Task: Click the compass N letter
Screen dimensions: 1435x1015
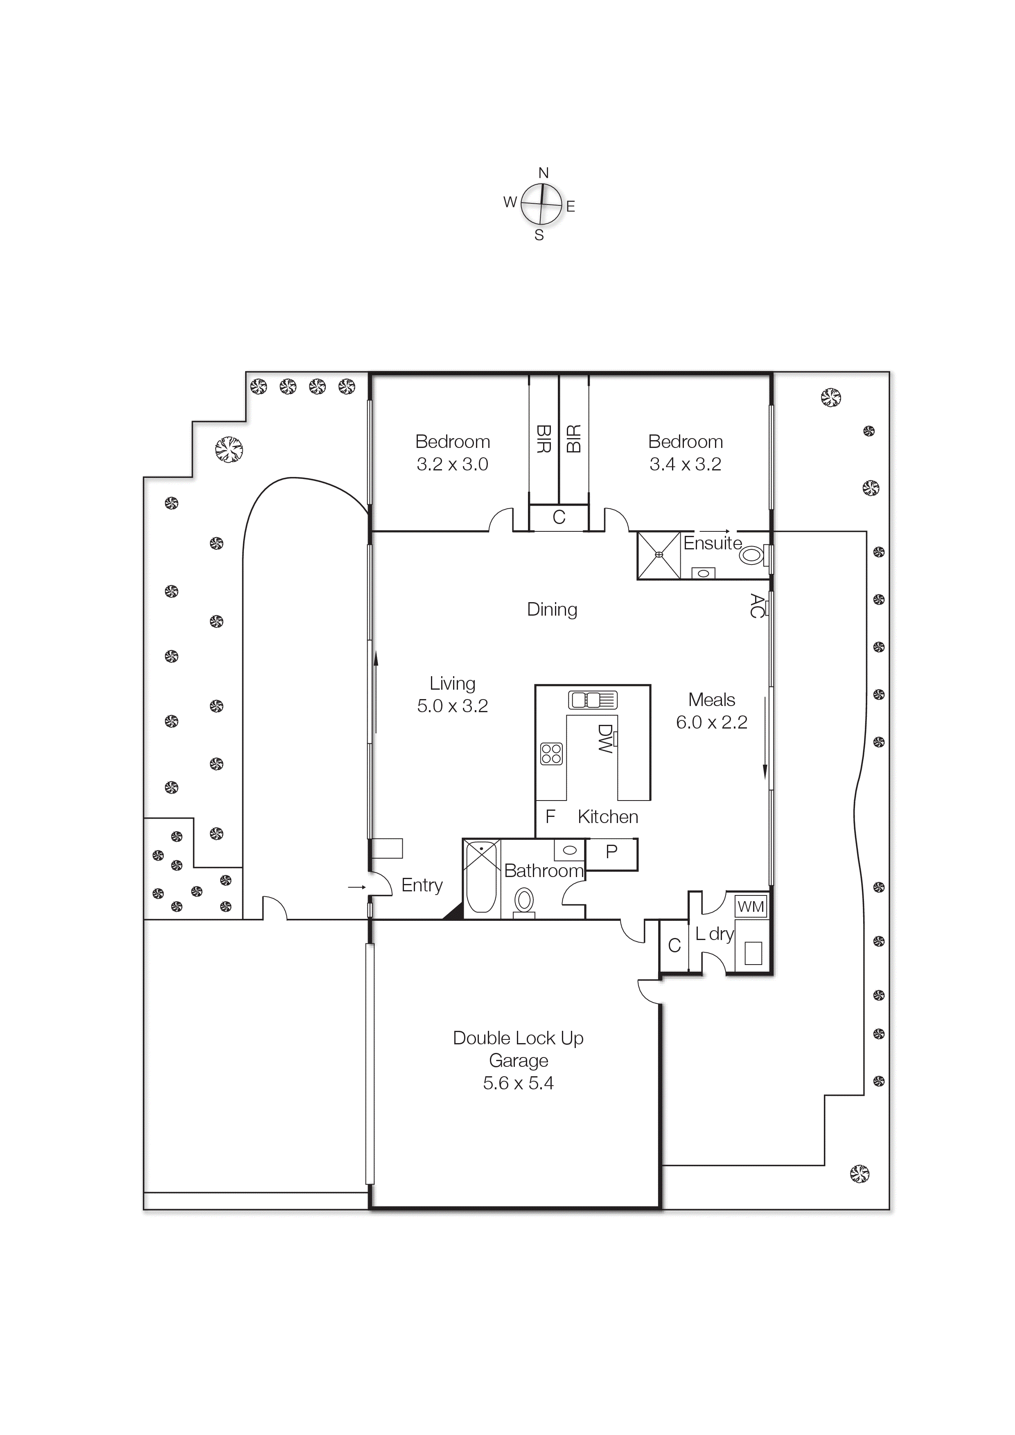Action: click(x=544, y=173)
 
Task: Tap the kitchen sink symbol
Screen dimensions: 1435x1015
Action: click(x=592, y=700)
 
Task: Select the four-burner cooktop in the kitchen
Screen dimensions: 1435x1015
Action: click(x=551, y=754)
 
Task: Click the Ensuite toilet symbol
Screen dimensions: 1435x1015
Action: click(x=752, y=555)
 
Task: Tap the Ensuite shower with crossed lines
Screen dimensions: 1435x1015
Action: click(x=659, y=555)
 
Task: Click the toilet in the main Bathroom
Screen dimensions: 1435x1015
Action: click(x=524, y=901)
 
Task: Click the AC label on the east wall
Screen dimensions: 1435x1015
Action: click(x=757, y=606)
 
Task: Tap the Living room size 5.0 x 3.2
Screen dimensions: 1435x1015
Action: click(x=452, y=706)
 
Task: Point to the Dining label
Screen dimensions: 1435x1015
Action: click(x=552, y=610)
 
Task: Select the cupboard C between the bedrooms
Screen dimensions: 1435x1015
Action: click(x=559, y=517)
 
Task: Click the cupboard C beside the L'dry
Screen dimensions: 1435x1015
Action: click(x=674, y=946)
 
